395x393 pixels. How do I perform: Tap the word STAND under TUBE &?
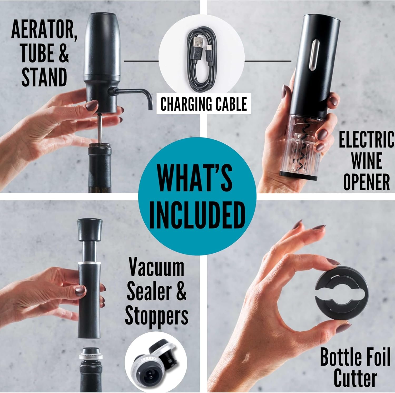pos(44,77)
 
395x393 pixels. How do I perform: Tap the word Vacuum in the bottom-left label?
pos(156,268)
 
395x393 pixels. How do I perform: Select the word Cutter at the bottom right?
pos(355,379)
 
